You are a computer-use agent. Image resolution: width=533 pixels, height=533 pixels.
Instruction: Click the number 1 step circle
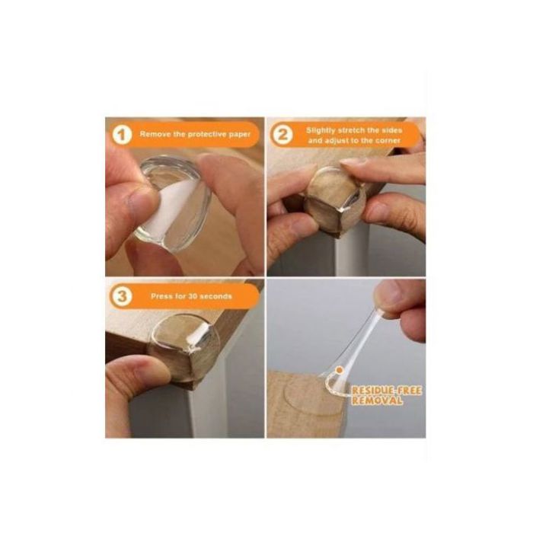tap(122, 135)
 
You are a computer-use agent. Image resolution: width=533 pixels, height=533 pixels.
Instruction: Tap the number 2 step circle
tap(282, 135)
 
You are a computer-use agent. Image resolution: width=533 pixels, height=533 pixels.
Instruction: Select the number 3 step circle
tap(122, 296)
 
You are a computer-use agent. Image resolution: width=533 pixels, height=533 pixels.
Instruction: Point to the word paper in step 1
tap(239, 135)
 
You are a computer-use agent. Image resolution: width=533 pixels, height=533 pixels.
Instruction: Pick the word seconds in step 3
tap(215, 296)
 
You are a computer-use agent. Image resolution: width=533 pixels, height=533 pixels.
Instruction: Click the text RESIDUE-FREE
tap(387, 391)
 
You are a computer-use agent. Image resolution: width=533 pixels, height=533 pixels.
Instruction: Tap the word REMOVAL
tap(377, 401)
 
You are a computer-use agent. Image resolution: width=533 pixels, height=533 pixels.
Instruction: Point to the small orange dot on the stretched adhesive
tap(339, 369)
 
